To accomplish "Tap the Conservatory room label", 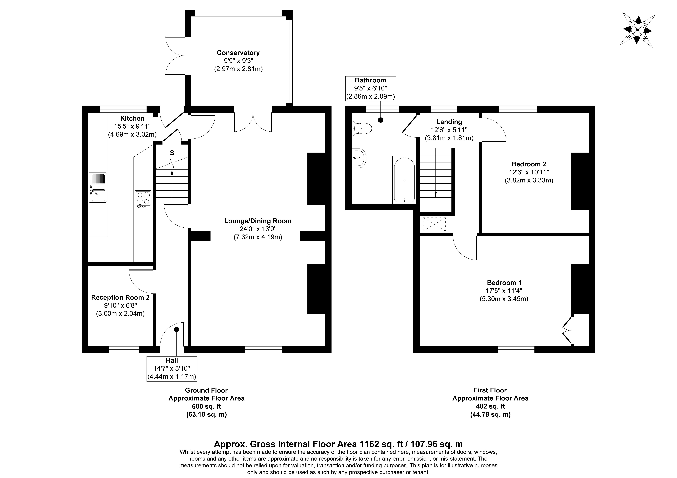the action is click(x=238, y=53).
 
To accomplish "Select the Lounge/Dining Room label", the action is click(x=258, y=221).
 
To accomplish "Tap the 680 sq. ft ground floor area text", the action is click(x=206, y=406).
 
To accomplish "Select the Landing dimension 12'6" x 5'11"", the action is click(x=449, y=130).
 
